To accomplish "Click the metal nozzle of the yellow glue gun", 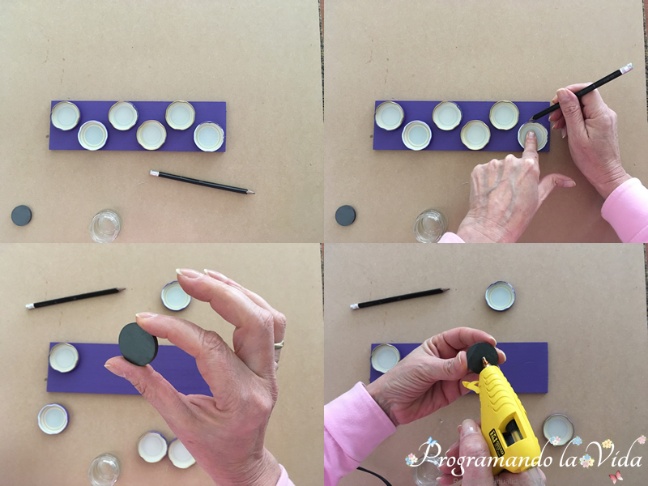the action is [485, 362].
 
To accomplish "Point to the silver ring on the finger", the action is [279, 344].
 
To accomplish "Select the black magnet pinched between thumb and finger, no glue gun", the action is [138, 344].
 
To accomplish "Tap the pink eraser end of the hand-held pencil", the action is [626, 68].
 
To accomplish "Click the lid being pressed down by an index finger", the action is [533, 136].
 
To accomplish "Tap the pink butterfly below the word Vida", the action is [616, 476].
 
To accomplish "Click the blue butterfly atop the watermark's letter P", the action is [432, 442].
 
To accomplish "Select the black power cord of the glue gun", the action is [375, 476].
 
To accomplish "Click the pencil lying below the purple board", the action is [202, 182].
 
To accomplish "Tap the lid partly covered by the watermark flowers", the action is [558, 429].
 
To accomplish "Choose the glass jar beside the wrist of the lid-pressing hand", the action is [430, 226].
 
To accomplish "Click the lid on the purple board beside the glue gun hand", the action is [386, 358].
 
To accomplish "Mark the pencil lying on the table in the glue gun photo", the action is [399, 298].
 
